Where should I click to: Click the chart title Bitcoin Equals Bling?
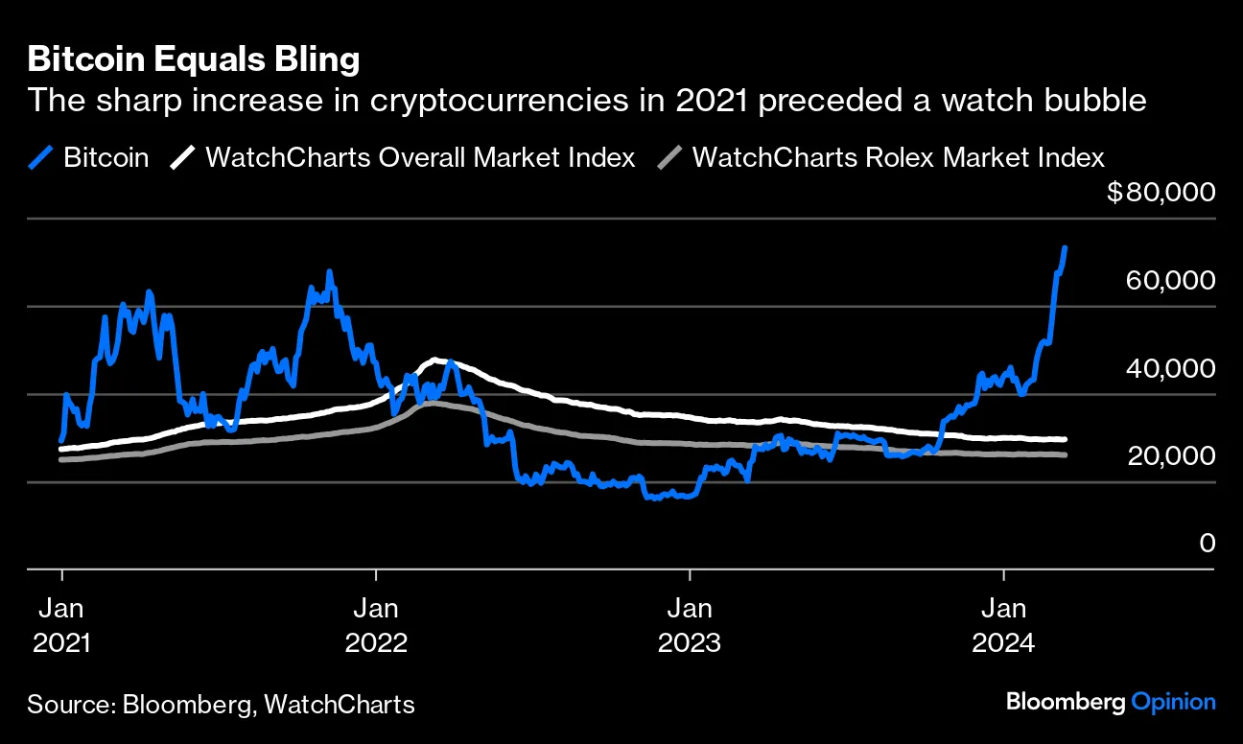coord(194,59)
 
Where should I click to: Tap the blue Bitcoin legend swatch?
coord(41,157)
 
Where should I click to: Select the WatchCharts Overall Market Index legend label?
coord(420,157)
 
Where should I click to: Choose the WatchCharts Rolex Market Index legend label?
coord(898,157)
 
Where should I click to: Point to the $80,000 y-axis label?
coord(1161,193)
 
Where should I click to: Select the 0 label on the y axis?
coord(1208,544)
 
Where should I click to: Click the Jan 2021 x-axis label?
coord(62,624)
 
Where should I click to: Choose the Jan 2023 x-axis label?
coord(689,624)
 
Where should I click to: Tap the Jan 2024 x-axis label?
coord(1002,624)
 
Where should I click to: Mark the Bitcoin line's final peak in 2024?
coord(1066,247)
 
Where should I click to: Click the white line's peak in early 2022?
coord(436,360)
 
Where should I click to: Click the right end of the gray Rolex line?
coord(1065,454)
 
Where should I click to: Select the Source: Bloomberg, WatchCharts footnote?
coord(222,705)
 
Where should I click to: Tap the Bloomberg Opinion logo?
coord(1111,702)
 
